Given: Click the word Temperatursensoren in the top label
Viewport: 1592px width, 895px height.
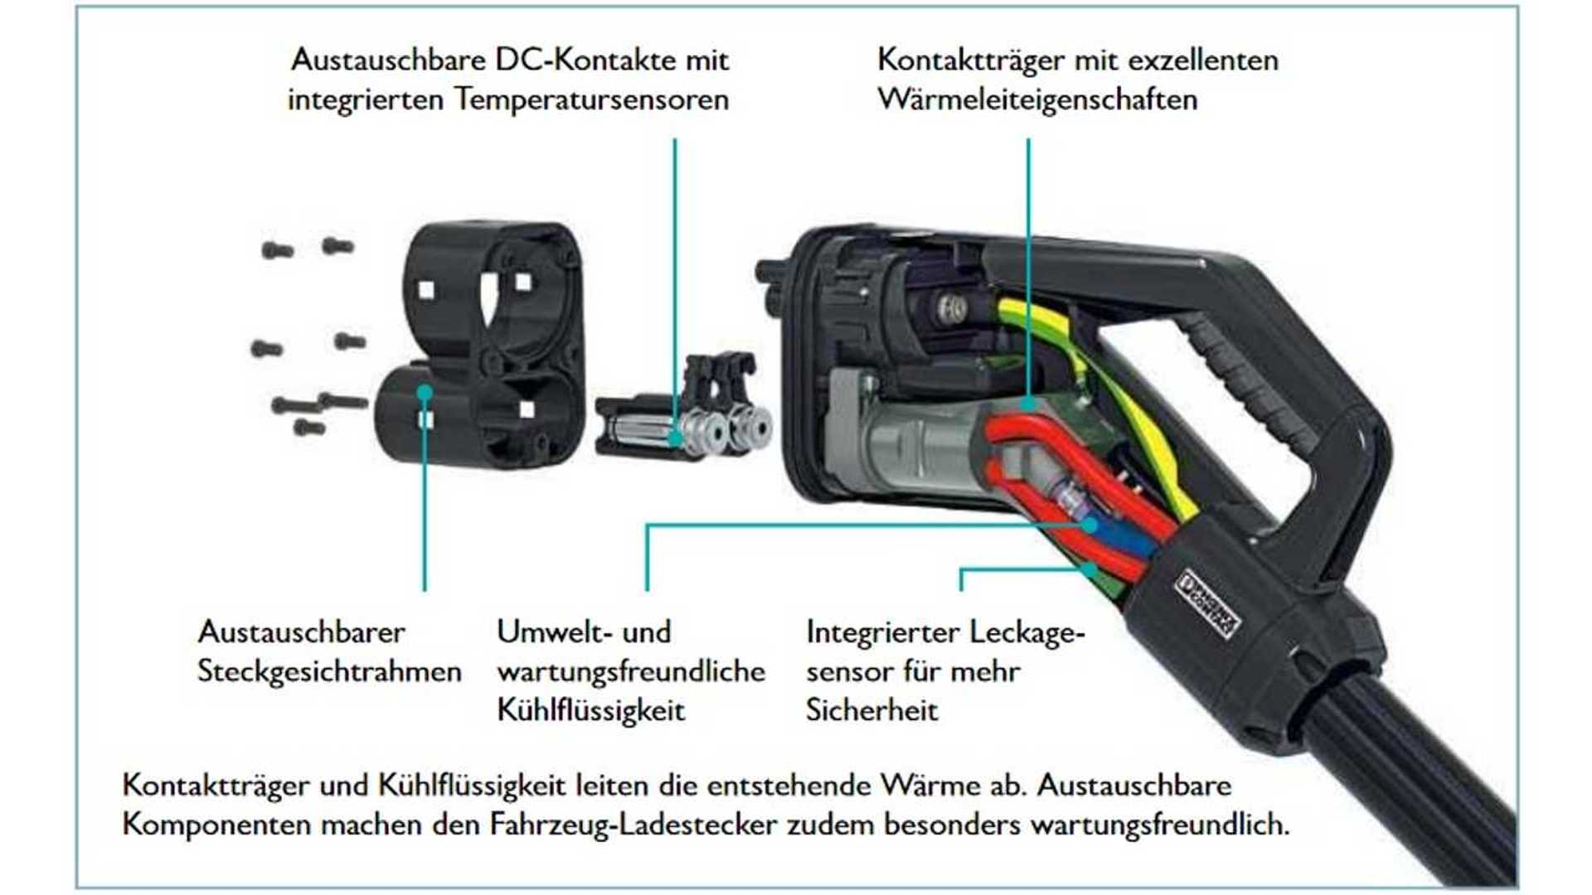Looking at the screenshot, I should tap(591, 100).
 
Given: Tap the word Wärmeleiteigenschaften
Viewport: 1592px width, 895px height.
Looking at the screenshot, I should tap(1036, 100).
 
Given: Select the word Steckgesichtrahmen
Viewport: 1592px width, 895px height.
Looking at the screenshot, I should tap(329, 671).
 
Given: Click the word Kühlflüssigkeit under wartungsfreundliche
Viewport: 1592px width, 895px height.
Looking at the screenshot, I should tap(590, 711).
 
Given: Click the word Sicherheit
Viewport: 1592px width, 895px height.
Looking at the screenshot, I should tap(871, 711).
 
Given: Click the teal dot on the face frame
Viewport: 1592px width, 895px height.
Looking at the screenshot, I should tap(425, 392).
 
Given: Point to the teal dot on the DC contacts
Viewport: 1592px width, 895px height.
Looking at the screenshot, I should tap(676, 438).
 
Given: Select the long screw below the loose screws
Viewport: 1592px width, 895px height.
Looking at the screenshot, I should tap(342, 402).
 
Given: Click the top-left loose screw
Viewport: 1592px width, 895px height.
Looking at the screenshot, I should tap(277, 249).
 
